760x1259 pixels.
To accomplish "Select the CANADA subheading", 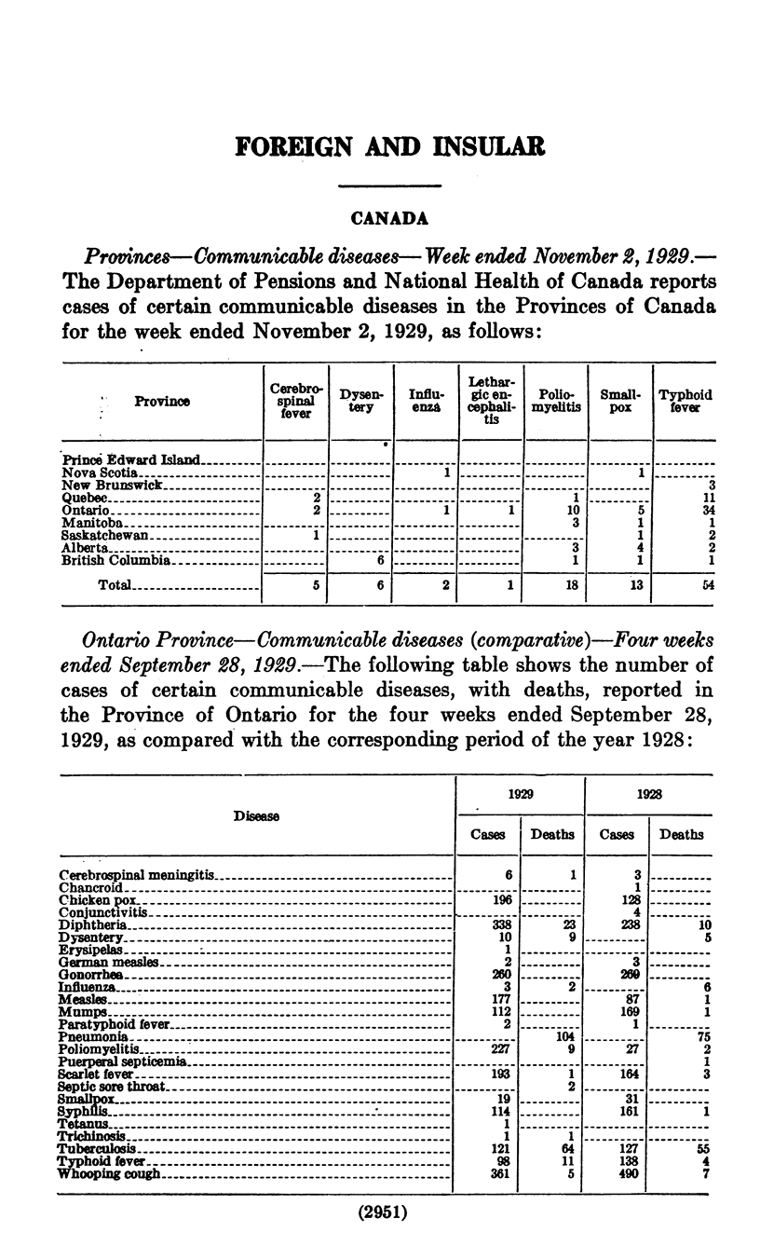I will pyautogui.click(x=388, y=218).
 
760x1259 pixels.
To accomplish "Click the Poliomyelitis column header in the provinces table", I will pyautogui.click(x=555, y=401).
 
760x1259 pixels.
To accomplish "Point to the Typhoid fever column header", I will pyautogui.click(x=685, y=401).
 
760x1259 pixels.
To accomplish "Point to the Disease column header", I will pyautogui.click(x=255, y=816).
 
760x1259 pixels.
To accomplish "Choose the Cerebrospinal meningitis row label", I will pyautogui.click(x=137, y=875).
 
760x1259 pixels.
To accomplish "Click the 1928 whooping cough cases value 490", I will pyautogui.click(x=619, y=1173).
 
